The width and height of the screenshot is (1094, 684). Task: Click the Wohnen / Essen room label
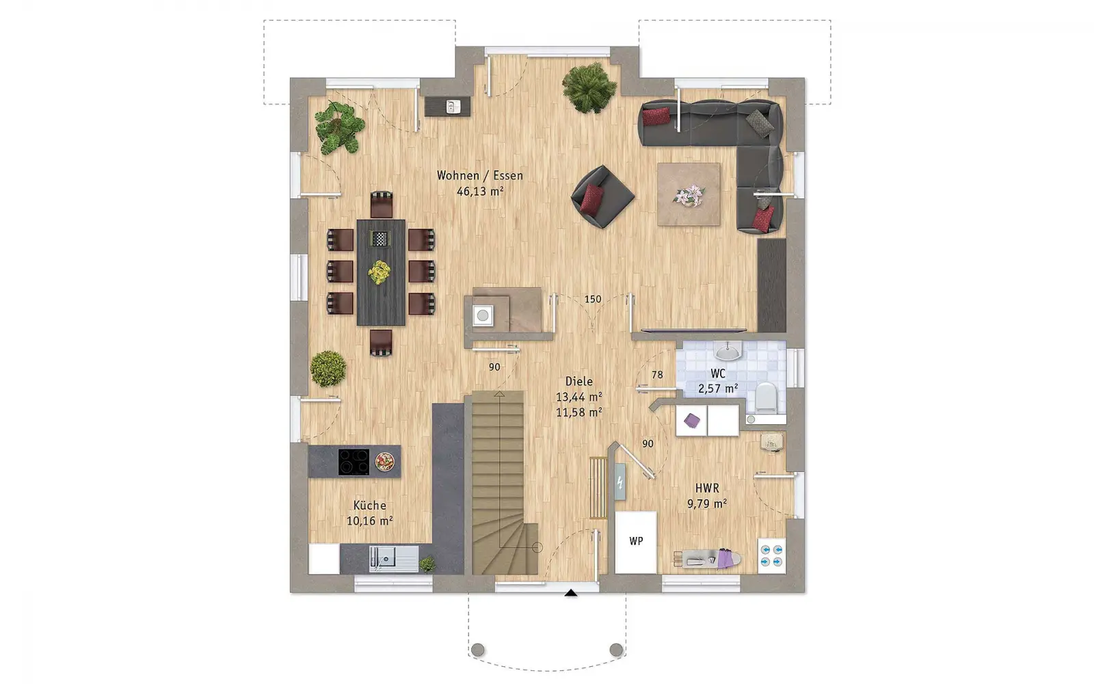479,175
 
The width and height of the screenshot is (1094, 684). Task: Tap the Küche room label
370,505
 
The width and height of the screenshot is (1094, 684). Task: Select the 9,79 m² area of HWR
707,503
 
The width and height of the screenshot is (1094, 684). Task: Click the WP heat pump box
636,542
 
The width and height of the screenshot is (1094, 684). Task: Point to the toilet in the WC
765,396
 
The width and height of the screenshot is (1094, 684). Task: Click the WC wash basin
728,350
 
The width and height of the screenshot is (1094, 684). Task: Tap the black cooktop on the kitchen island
353,462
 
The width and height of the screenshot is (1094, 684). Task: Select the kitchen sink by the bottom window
394,558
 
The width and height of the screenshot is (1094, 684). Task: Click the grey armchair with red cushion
602,196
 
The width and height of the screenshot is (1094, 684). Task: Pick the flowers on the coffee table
689,195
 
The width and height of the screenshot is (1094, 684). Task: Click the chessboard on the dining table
379,239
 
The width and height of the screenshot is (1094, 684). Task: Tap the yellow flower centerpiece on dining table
379,272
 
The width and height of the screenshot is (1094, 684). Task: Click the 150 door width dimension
593,299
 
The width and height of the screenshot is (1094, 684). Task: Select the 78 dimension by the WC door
657,375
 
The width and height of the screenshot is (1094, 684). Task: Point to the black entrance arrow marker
571,593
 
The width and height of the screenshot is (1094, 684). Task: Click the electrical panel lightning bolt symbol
619,483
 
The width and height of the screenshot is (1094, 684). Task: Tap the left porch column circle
478,650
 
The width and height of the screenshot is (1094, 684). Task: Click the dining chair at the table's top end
382,205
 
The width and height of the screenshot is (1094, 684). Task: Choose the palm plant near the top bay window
589,88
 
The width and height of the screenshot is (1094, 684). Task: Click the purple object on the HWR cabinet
691,421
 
